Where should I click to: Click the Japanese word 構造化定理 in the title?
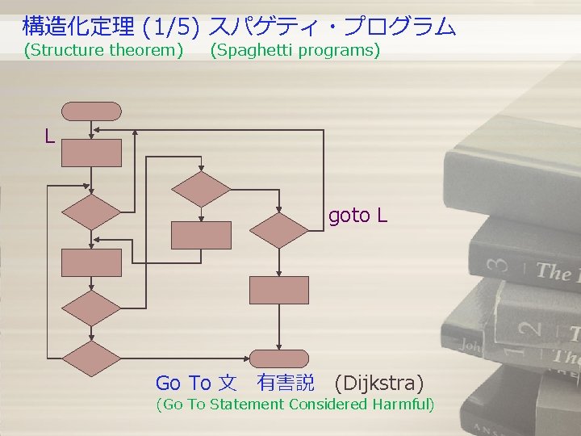pyautogui.click(x=78, y=27)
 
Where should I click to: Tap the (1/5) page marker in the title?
pyautogui.click(x=170, y=27)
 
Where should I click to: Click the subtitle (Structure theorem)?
pyautogui.click(x=103, y=51)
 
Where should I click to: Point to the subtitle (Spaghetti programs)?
pyautogui.click(x=295, y=51)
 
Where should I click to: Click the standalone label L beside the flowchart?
pyautogui.click(x=50, y=136)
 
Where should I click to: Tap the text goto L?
pyautogui.click(x=357, y=216)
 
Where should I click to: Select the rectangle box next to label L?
pyautogui.click(x=92, y=153)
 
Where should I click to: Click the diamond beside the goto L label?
pyautogui.click(x=278, y=230)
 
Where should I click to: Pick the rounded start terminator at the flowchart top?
pyautogui.click(x=92, y=111)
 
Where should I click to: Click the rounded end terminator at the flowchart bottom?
pyautogui.click(x=279, y=358)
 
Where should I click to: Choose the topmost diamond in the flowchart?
pyautogui.click(x=202, y=189)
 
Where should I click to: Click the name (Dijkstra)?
pyautogui.click(x=378, y=383)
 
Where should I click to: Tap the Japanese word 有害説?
pyautogui.click(x=286, y=383)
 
